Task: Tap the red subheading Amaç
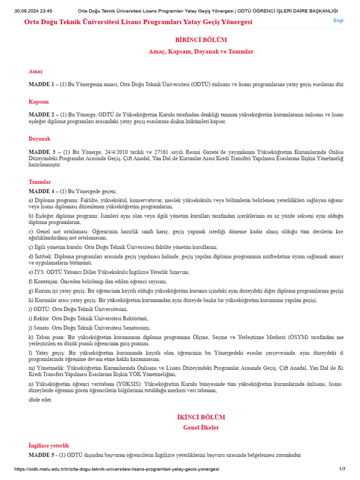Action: coord(36,71)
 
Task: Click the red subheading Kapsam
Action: coord(38,101)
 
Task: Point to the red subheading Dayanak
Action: coord(39,139)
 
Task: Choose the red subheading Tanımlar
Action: coord(40,181)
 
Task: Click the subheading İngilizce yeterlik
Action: coord(49,445)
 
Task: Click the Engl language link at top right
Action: coord(338,21)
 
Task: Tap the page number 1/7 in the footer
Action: coord(342,469)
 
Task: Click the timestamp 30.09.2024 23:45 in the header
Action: coord(33,11)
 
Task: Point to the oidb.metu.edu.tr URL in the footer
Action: coord(117,469)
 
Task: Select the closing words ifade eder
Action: coord(40,399)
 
